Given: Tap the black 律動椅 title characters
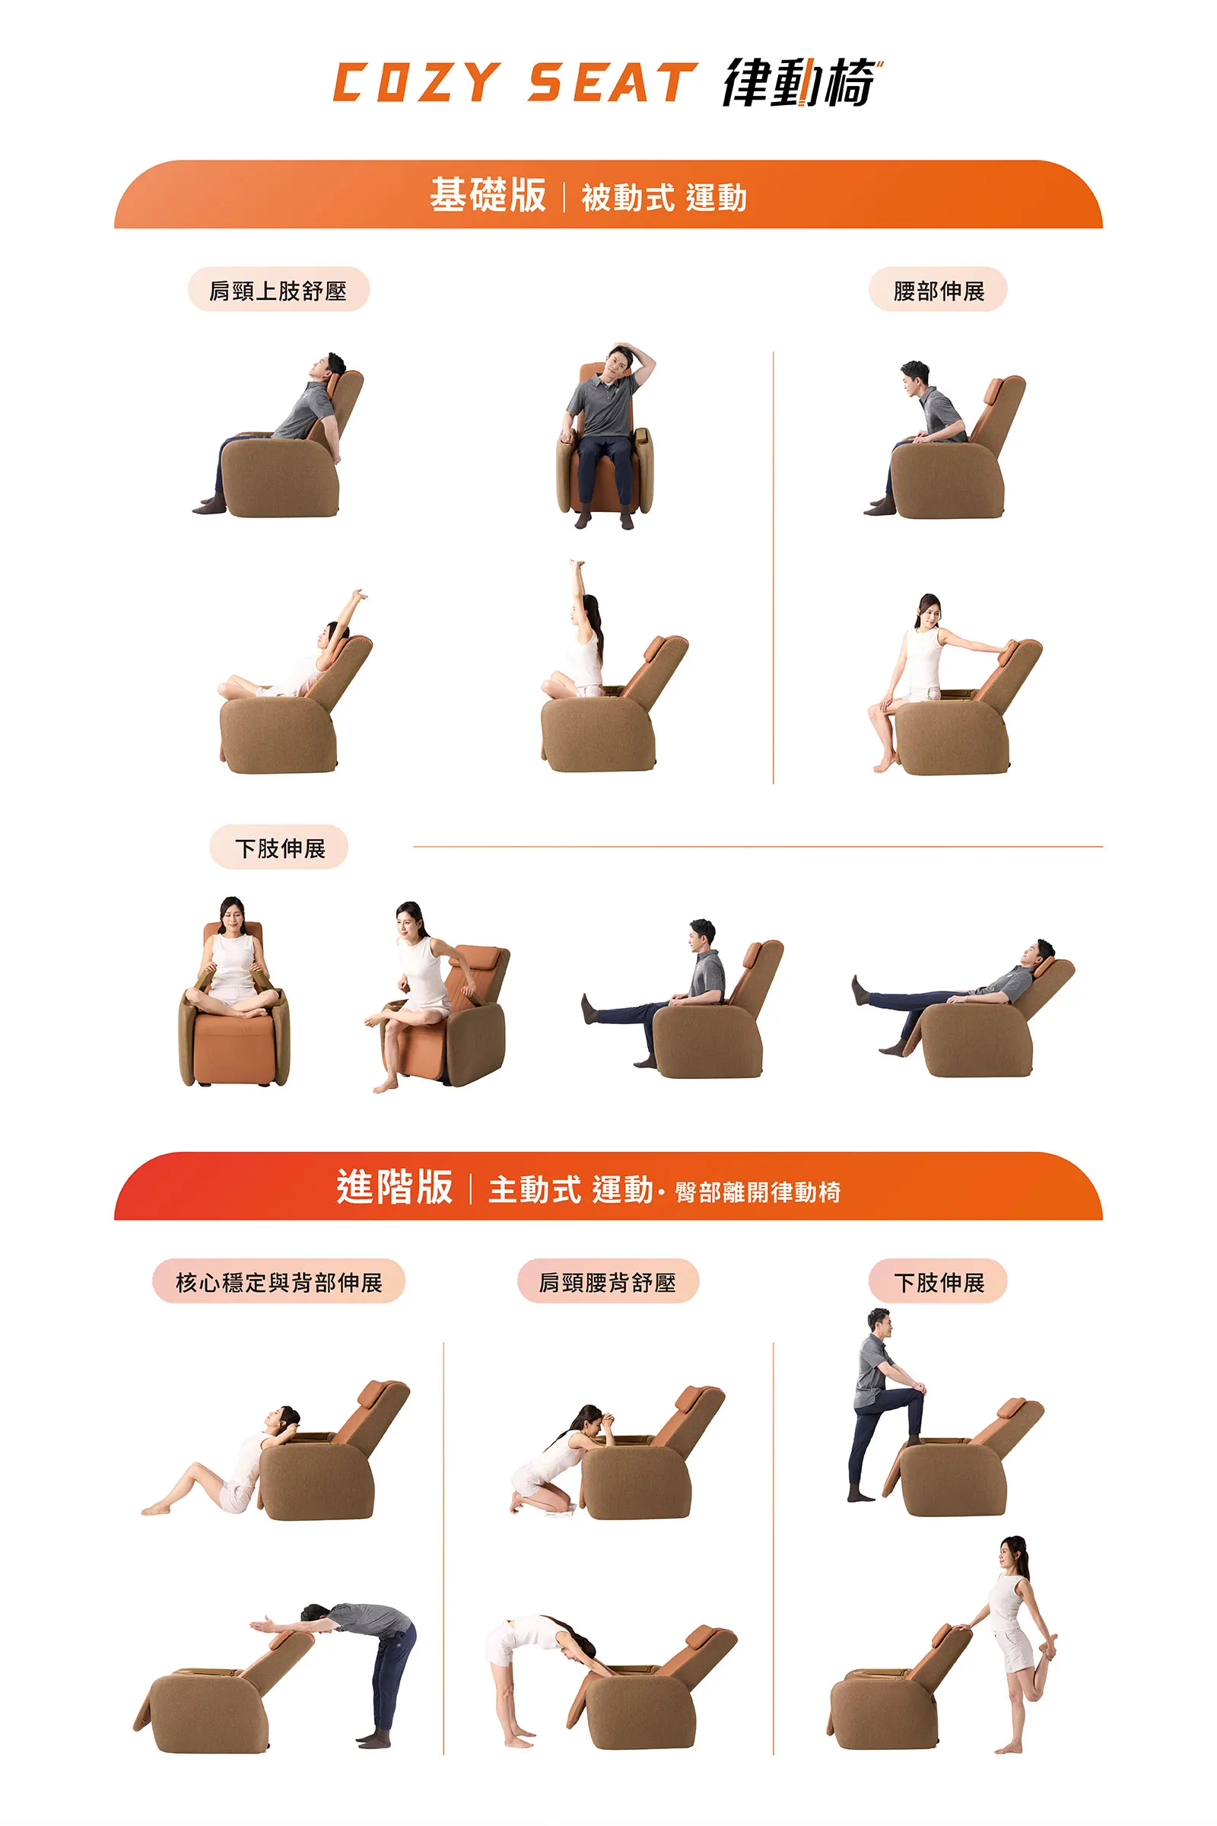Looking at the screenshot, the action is (x=802, y=81).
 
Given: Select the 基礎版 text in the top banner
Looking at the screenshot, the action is (x=488, y=195).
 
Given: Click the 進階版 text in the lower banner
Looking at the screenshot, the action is (x=394, y=1187).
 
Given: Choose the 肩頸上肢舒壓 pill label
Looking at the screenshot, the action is (x=278, y=291).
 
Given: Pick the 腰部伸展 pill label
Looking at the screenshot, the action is (x=938, y=291).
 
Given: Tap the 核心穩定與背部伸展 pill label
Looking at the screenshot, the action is (x=278, y=1282).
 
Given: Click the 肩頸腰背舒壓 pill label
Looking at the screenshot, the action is (x=608, y=1282).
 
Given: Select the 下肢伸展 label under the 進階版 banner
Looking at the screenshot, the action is (x=938, y=1282).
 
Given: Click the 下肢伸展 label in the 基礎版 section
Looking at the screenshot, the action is (x=278, y=847).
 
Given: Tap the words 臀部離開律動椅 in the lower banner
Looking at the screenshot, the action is (x=758, y=1191).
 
